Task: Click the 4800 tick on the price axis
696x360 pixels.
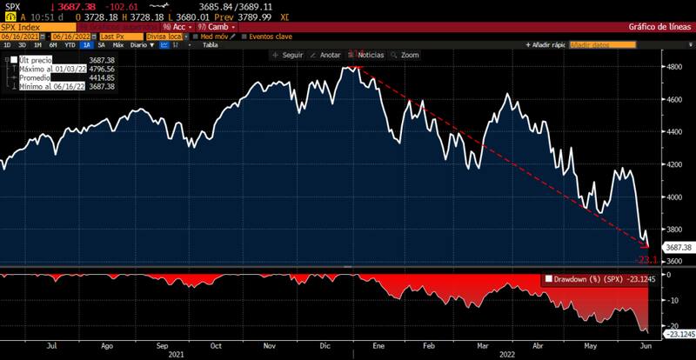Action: pyautogui.click(x=675, y=66)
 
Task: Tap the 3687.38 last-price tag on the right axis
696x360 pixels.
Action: pyautogui.click(x=677, y=248)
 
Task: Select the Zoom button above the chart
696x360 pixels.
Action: pyautogui.click(x=406, y=55)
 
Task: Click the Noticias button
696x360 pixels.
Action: pyautogui.click(x=366, y=55)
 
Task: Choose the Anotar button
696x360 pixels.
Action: pyautogui.click(x=326, y=55)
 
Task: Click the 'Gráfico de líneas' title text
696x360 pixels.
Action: pyautogui.click(x=659, y=27)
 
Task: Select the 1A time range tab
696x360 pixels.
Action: pyautogui.click(x=87, y=44)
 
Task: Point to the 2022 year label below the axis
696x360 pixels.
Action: pyautogui.click(x=505, y=355)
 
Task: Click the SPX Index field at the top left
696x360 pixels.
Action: pyautogui.click(x=26, y=27)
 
